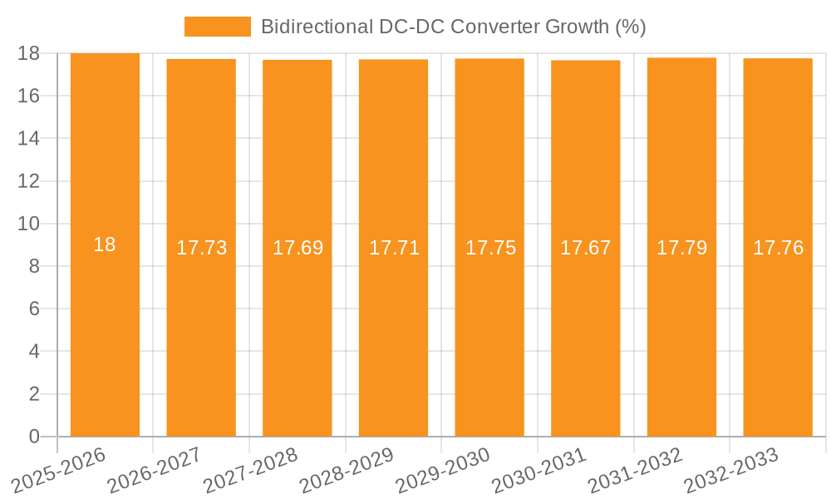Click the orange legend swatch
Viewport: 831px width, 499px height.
[x=217, y=27]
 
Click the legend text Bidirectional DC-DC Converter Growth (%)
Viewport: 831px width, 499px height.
[x=453, y=27]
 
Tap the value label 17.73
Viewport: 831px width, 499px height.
[x=201, y=248]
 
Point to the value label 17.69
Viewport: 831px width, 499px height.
[x=297, y=248]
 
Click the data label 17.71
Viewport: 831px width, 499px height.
[x=394, y=248]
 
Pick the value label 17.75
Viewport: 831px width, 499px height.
[x=489, y=248]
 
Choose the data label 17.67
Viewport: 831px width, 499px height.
[x=586, y=248]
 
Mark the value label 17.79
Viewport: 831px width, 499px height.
[x=681, y=248]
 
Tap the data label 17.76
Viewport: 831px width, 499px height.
[x=778, y=248]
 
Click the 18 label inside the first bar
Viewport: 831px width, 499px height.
[x=105, y=245]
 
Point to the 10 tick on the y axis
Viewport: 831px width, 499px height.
[x=29, y=224]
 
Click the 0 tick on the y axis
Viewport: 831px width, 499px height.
[x=34, y=437]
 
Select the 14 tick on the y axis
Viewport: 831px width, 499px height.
[x=29, y=138]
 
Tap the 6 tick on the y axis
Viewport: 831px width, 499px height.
[x=34, y=309]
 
